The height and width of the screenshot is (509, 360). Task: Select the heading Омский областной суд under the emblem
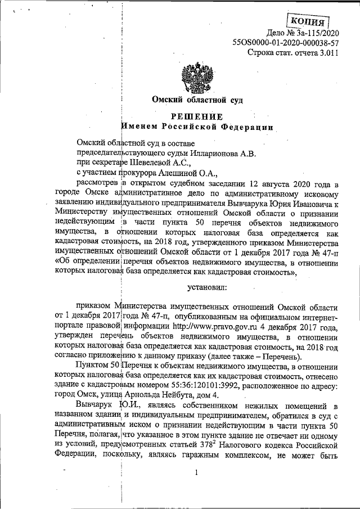[198, 101]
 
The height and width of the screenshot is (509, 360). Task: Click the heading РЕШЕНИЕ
[199, 116]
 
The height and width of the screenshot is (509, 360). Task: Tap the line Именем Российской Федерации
[198, 127]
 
